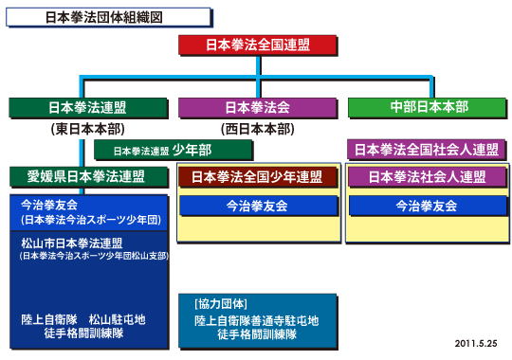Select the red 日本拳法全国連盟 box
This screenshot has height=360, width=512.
tap(257, 45)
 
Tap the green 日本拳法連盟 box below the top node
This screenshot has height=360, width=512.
tap(89, 107)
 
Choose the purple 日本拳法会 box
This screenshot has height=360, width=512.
tap(257, 107)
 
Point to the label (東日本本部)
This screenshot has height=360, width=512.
tap(89, 128)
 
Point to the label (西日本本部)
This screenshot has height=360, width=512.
tap(257, 128)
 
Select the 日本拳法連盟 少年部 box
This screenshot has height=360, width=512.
tap(174, 150)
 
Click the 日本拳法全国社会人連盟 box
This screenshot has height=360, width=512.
tap(426, 150)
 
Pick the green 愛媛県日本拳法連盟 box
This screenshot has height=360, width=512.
tap(89, 176)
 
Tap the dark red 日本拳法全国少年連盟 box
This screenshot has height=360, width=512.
tap(257, 177)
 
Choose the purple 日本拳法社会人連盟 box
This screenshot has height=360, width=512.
tap(426, 177)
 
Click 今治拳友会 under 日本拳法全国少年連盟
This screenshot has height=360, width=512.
tap(257, 206)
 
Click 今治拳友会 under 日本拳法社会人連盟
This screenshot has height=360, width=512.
tap(426, 206)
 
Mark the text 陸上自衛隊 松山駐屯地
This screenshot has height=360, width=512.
tap(82, 320)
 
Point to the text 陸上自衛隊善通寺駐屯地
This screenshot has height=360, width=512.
tap(256, 320)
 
